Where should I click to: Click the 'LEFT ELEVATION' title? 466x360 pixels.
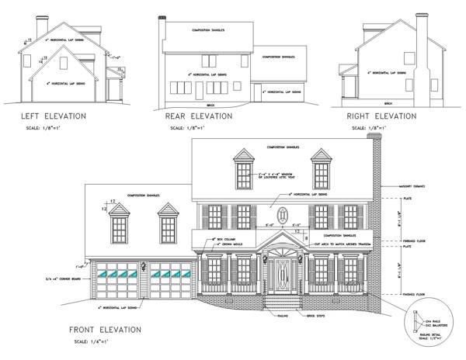[x=54, y=116]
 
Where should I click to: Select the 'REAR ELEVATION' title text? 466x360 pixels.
[x=199, y=116]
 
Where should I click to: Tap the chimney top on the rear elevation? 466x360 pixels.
[x=162, y=17]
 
